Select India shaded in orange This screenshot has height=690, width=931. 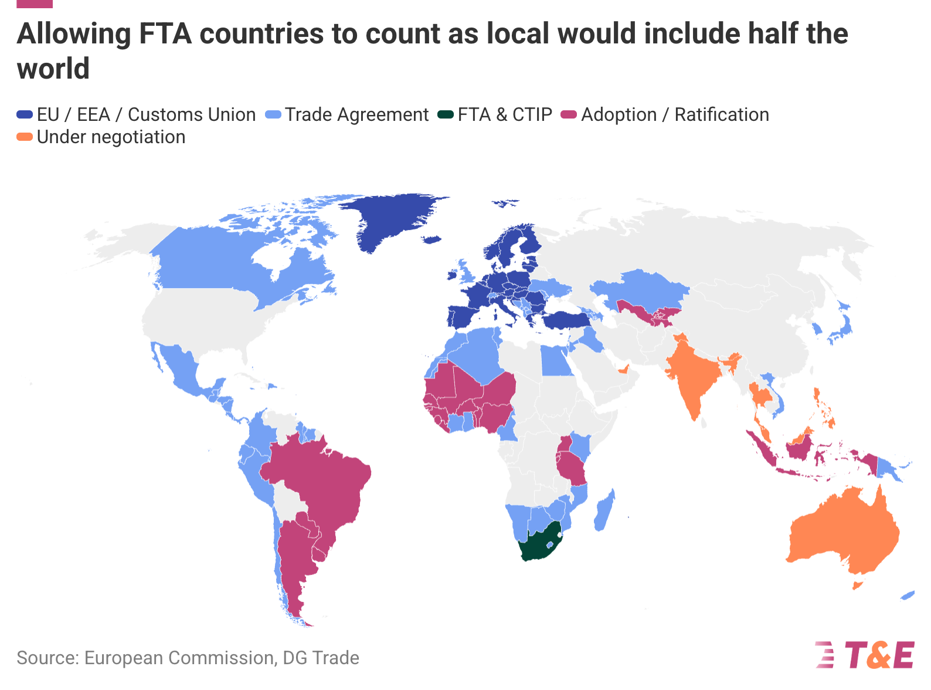pyautogui.click(x=692, y=376)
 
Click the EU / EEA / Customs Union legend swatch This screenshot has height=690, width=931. pyautogui.click(x=25, y=115)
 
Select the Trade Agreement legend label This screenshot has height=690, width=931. pyautogui.click(x=356, y=115)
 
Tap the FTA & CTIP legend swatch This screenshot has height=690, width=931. pyautogui.click(x=446, y=115)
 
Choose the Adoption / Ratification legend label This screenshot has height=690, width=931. pyautogui.click(x=674, y=115)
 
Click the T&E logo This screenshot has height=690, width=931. pyautogui.click(x=865, y=655)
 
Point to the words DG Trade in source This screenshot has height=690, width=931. pyautogui.click(x=321, y=658)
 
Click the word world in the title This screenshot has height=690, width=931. pyautogui.click(x=53, y=69)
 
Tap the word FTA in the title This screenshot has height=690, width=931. pyautogui.click(x=165, y=34)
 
